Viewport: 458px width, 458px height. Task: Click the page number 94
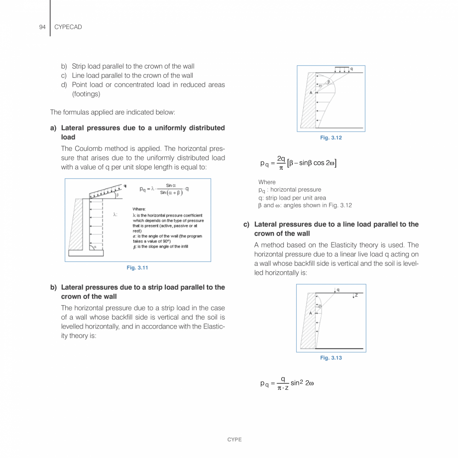tap(42, 27)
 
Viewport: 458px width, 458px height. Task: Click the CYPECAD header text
tap(68, 27)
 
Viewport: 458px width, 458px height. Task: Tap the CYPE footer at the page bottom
tap(234, 440)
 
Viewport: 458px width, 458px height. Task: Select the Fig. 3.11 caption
tap(137, 268)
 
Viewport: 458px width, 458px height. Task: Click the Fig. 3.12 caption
tap(331, 138)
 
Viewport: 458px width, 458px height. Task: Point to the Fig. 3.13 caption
tap(331, 358)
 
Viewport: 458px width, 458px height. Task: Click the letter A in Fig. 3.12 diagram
tap(311, 93)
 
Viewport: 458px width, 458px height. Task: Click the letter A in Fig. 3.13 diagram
tap(311, 313)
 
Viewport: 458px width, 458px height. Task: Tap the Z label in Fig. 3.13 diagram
tap(356, 295)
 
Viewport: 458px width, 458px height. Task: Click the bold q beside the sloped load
tap(124, 185)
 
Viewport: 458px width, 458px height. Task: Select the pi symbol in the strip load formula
tap(281, 168)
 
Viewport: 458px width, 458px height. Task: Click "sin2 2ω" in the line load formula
tap(302, 383)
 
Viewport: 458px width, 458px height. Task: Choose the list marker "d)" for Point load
tap(64, 85)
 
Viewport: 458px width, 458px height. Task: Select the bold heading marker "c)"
tap(246, 225)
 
